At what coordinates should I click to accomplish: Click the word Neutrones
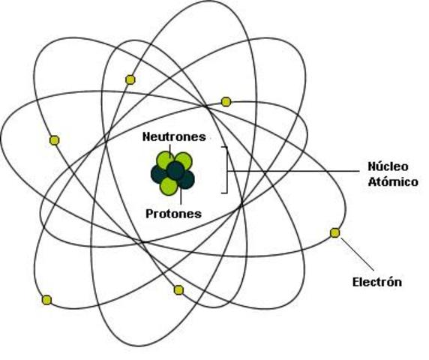[x=173, y=137]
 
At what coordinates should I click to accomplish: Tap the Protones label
[x=173, y=214]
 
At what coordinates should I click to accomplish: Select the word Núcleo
[x=387, y=166]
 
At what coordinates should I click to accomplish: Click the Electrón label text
[x=377, y=283]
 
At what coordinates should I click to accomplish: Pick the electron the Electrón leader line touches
[x=334, y=233]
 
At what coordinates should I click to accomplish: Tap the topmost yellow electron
[x=130, y=79]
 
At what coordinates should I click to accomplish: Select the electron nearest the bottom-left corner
[x=46, y=300]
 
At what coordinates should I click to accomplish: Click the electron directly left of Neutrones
[x=54, y=140]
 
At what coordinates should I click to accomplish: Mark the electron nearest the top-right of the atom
[x=226, y=101]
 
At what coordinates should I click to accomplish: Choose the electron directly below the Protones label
[x=178, y=290]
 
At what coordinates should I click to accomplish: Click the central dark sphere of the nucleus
[x=175, y=170]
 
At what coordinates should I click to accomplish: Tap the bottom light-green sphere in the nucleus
[x=169, y=185]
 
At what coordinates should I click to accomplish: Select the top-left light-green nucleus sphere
[x=165, y=160]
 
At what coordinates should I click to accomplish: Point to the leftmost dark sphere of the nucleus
[x=158, y=175]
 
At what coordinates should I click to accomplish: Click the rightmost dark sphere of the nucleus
[x=187, y=179]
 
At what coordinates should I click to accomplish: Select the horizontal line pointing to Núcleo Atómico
[x=292, y=171]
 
